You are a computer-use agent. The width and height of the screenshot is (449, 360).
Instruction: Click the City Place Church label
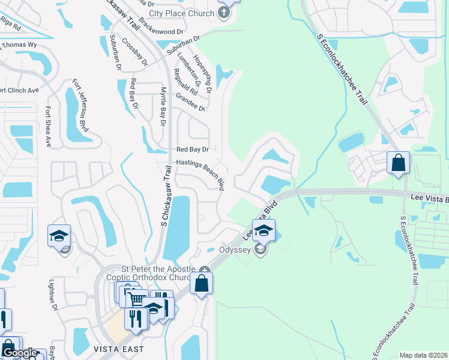[x=181, y=13]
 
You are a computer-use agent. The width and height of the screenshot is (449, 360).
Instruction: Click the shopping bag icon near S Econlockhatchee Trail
[x=398, y=163]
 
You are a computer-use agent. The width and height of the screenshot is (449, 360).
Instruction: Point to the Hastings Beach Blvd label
[x=200, y=174]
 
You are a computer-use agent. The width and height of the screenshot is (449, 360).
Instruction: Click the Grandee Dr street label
[x=190, y=102]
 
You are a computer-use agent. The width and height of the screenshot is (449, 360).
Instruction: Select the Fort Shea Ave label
[x=49, y=127]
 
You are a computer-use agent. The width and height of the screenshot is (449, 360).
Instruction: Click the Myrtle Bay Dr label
[x=162, y=107]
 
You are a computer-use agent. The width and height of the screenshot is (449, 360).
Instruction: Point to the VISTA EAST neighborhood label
[x=118, y=349]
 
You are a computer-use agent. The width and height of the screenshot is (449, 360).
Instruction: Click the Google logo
[x=20, y=353]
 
